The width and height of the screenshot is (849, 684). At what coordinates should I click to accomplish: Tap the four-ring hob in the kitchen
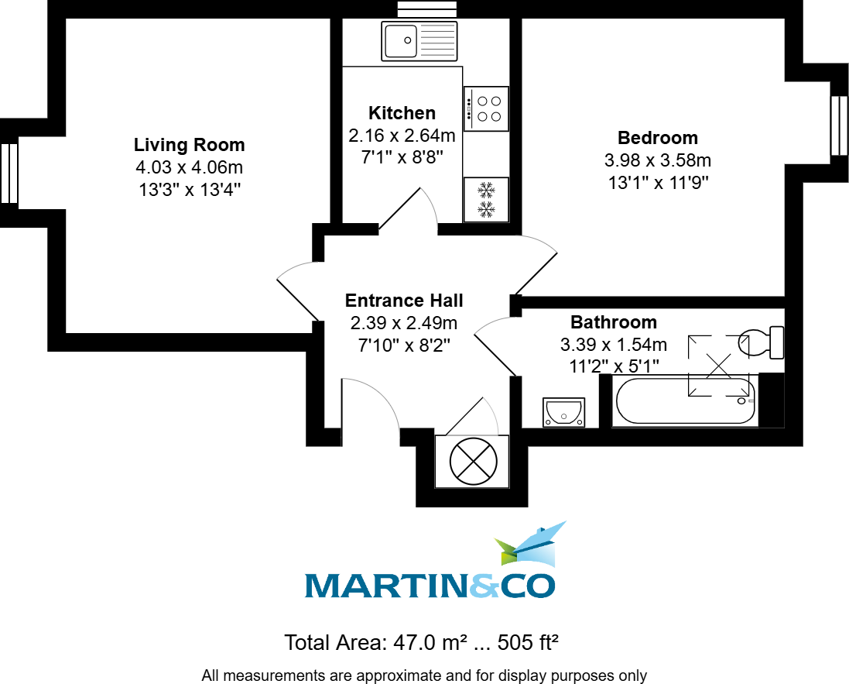point(487,108)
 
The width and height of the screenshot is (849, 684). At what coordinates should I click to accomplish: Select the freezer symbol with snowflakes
point(486,199)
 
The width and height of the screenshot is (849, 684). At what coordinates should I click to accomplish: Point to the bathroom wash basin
point(564,412)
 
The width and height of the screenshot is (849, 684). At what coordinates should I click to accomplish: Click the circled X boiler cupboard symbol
point(473,462)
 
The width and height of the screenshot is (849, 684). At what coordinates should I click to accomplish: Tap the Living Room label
point(189,145)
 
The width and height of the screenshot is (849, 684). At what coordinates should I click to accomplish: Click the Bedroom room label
point(657,138)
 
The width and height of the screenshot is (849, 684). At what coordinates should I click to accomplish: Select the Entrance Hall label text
point(404,301)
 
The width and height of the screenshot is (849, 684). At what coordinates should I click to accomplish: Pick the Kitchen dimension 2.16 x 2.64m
point(402,136)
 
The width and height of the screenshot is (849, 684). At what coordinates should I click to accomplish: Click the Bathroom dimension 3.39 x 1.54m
point(613,344)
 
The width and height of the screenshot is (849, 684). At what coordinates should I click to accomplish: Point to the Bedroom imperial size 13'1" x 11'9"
point(657,183)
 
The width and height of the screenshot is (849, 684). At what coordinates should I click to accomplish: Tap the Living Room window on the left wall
point(9,173)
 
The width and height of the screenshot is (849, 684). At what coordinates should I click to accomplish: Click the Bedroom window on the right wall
point(839,125)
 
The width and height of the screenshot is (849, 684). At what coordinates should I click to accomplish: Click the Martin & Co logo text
point(430,586)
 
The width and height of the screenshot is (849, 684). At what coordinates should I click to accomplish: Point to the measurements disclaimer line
point(424,675)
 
